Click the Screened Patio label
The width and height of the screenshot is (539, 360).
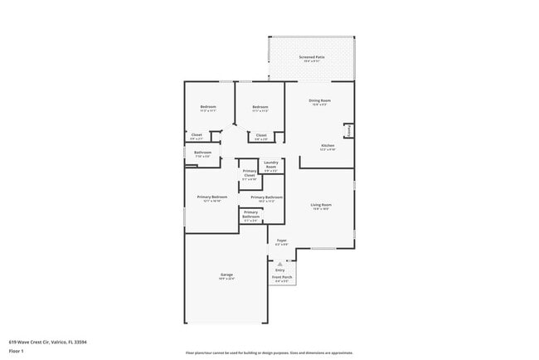(312, 57)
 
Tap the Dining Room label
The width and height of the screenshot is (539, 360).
(319, 100)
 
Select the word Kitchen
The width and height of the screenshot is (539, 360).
(328, 146)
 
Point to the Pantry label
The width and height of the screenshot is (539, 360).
(348, 130)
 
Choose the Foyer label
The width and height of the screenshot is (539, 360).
(281, 241)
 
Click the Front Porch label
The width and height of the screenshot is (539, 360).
(282, 278)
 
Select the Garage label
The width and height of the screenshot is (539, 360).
(226, 275)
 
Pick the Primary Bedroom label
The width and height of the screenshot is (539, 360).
(212, 197)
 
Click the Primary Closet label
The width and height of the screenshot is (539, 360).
(250, 173)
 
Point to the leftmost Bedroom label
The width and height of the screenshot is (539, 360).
(208, 107)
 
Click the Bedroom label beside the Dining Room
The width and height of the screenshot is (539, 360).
(260, 107)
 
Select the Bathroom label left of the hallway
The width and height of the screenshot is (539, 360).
(203, 153)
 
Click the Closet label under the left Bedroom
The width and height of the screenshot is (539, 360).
(197, 135)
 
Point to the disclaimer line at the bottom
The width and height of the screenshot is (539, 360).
(269, 353)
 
